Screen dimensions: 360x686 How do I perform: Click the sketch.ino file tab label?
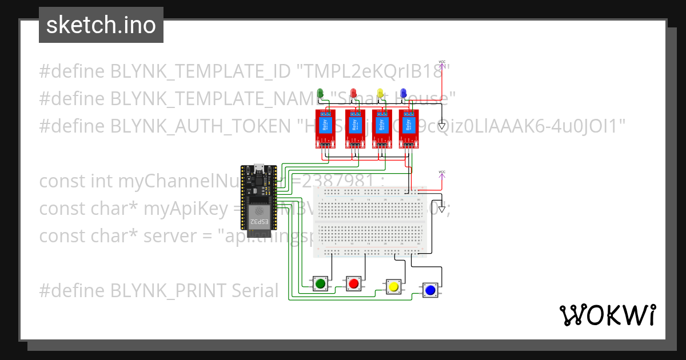click(101, 25)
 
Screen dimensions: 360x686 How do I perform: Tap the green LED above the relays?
click(320, 93)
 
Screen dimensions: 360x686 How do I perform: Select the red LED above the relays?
click(353, 93)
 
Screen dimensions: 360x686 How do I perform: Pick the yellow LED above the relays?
click(380, 93)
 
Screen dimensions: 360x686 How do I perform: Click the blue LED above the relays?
click(404, 93)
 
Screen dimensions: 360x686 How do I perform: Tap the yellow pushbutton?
click(393, 286)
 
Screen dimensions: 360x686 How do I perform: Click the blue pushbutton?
click(430, 290)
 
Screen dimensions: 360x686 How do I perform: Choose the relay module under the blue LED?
click(409, 129)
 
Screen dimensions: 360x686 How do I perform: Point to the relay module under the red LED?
click(355, 129)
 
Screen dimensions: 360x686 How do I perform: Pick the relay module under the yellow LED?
click(382, 129)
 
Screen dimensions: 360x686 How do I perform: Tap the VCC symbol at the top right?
click(441, 63)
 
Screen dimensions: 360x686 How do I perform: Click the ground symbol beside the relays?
click(441, 125)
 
